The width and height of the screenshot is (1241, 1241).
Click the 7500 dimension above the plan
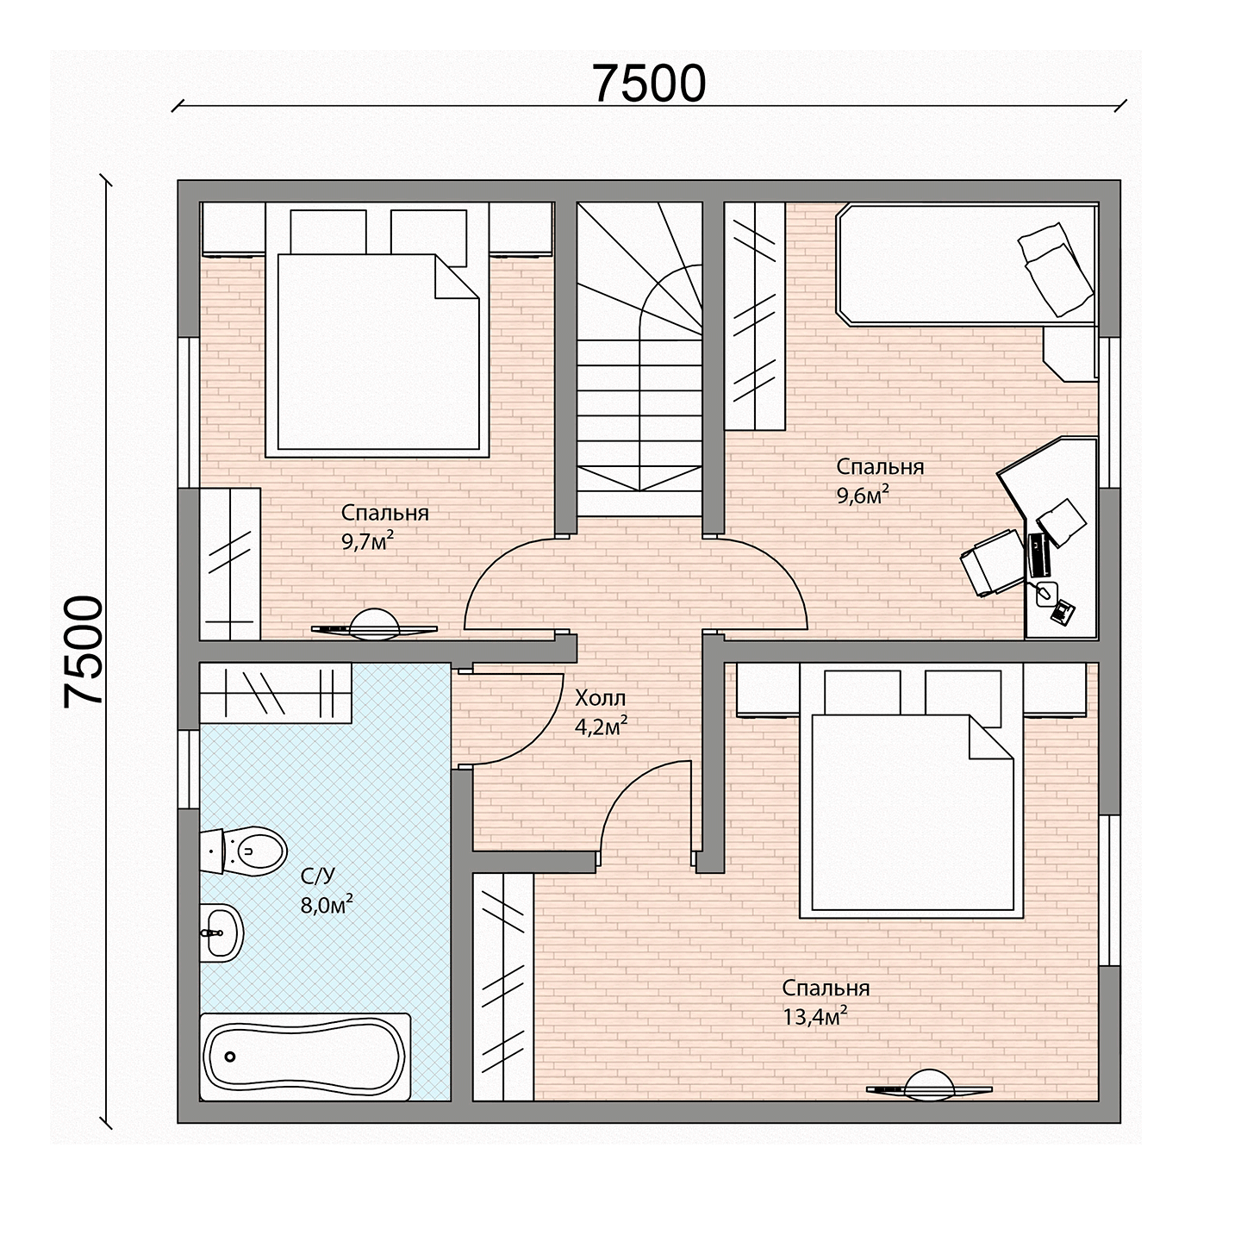click(649, 84)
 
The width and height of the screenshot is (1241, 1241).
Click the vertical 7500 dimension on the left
click(84, 651)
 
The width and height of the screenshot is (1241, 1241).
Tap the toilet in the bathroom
click(243, 851)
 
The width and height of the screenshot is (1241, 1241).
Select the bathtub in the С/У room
click(305, 1057)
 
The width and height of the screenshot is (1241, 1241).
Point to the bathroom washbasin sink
click(221, 932)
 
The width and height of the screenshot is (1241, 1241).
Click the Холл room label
click(600, 697)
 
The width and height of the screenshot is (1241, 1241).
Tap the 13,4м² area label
click(814, 1017)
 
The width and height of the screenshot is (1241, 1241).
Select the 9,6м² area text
click(863, 496)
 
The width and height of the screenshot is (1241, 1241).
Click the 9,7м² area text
click(367, 541)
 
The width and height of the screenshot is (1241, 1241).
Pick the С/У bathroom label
click(317, 876)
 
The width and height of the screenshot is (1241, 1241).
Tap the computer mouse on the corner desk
click(1046, 592)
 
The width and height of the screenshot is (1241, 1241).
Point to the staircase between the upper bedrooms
click(639, 359)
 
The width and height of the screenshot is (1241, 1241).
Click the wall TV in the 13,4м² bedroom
click(929, 1087)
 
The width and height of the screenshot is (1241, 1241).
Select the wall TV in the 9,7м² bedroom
click(374, 626)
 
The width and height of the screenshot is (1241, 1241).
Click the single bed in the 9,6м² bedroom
click(967, 264)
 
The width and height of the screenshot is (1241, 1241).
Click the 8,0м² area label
click(327, 905)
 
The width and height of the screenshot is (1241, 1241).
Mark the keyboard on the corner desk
click(1038, 555)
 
